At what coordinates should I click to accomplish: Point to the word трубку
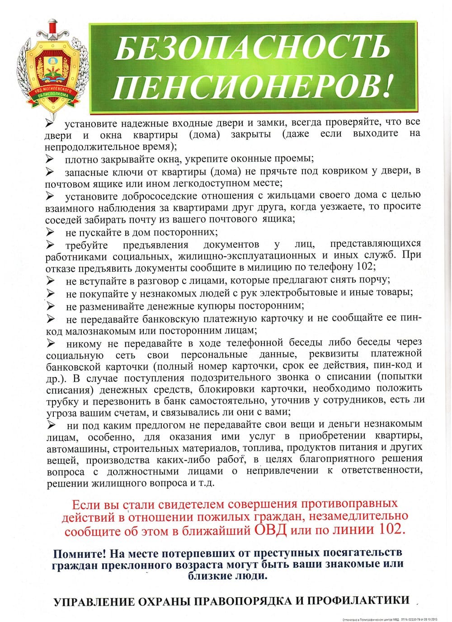pyautogui.click(x=63, y=401)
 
